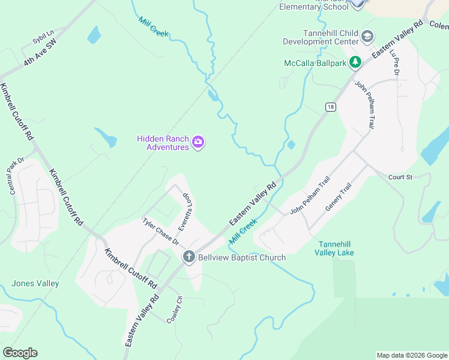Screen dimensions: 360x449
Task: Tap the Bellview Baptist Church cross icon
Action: [x=188, y=257]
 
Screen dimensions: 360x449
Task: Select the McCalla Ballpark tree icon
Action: [x=355, y=62]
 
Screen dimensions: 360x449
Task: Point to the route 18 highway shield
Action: [x=330, y=107]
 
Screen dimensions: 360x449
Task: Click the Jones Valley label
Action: [x=35, y=283]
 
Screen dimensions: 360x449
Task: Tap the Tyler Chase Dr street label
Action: [x=160, y=231]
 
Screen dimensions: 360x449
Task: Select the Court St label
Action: [x=401, y=177]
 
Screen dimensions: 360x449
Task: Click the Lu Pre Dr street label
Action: [x=394, y=62]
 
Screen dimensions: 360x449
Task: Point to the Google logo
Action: [x=20, y=353]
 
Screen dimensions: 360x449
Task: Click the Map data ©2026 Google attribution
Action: [x=411, y=355]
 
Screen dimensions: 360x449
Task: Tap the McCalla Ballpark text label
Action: [x=315, y=62]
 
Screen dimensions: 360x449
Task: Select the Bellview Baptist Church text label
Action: [x=242, y=257]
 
